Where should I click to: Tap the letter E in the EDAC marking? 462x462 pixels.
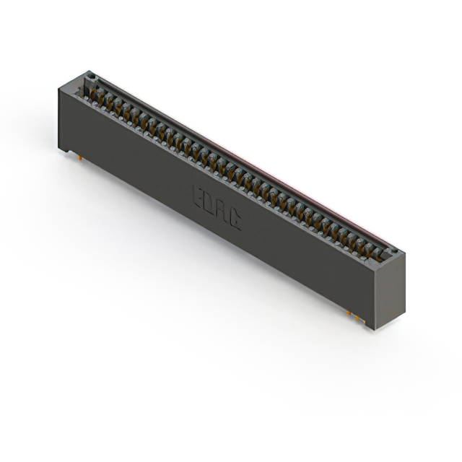[198, 196]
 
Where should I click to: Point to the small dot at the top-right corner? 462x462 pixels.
[393, 250]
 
